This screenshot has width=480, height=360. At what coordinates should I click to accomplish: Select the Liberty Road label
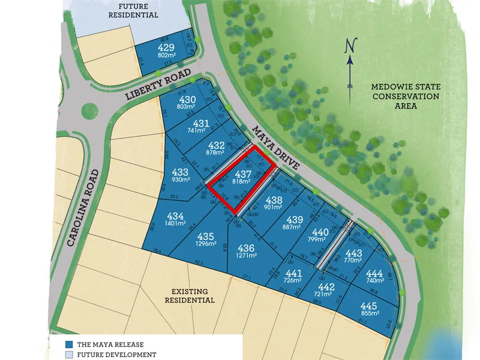[x=158, y=86]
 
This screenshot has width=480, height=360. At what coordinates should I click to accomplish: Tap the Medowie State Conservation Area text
[x=406, y=96]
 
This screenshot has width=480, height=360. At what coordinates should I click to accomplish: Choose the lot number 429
[x=166, y=47]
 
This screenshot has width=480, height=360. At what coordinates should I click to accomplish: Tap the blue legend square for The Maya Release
[x=69, y=344]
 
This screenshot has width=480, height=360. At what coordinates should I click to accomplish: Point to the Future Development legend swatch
[x=69, y=355]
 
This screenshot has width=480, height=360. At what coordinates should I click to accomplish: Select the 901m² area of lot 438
[x=272, y=207]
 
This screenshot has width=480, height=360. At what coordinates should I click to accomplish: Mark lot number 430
[x=188, y=100]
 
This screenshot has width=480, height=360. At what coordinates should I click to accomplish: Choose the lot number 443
[x=353, y=253]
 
